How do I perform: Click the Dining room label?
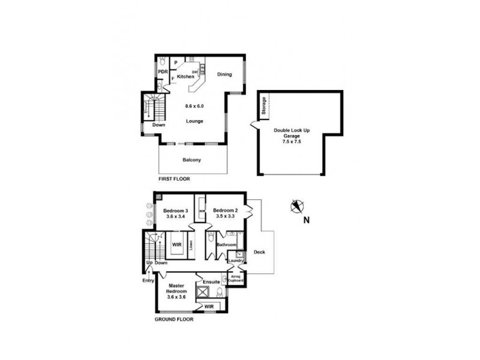tap(224, 74)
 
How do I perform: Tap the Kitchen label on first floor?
tap(185, 77)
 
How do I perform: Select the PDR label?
tap(162, 72)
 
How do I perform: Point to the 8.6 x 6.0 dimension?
tap(194, 106)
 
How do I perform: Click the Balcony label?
tap(192, 160)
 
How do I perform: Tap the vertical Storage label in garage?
tap(263, 106)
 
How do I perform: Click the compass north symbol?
tap(295, 207)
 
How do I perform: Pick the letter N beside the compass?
tap(307, 220)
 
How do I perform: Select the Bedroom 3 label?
tap(177, 211)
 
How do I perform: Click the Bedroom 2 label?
tap(226, 211)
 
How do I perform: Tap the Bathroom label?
tap(227, 245)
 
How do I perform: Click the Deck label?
tap(260, 252)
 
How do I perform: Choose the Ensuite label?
tap(211, 281)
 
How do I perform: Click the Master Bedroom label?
tap(177, 289)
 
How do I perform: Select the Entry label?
tap(148, 280)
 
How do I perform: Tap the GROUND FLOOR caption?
tap(173, 319)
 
